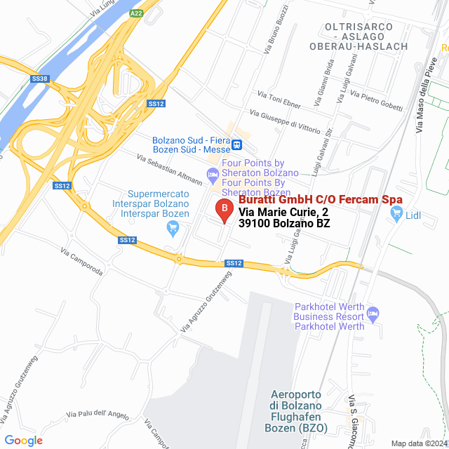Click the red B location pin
(x=224, y=209)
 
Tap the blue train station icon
(x=239, y=145)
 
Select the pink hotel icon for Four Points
(x=213, y=173)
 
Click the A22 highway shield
(x=138, y=13)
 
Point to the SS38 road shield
(x=40, y=79)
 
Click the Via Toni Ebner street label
(x=279, y=100)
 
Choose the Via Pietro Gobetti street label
(x=377, y=100)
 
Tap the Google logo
(x=24, y=440)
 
